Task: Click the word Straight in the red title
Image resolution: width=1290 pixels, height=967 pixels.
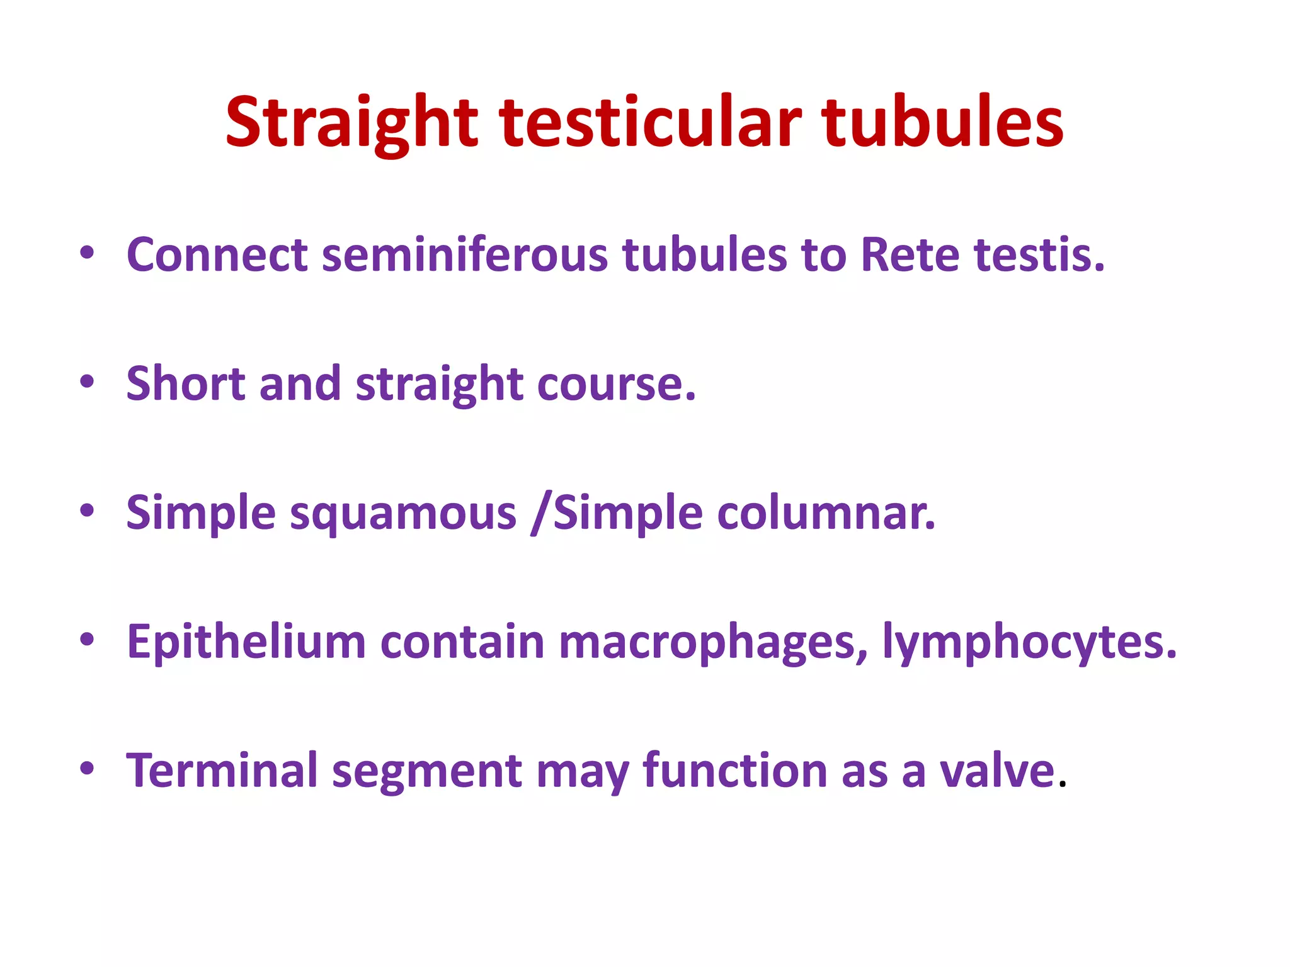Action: (x=351, y=123)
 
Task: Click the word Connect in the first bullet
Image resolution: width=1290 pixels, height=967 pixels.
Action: (x=217, y=255)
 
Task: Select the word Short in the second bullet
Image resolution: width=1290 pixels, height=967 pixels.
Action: (x=185, y=383)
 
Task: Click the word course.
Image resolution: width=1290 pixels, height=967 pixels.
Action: (x=616, y=383)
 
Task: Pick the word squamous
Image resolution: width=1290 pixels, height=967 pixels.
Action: (x=403, y=513)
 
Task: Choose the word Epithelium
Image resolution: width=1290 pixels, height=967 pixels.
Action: (x=246, y=643)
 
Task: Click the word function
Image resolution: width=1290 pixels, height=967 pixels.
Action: (x=734, y=771)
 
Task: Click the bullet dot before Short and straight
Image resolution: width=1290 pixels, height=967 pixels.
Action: (x=87, y=382)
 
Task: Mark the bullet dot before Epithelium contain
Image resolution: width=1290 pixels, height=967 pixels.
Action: (x=87, y=640)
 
